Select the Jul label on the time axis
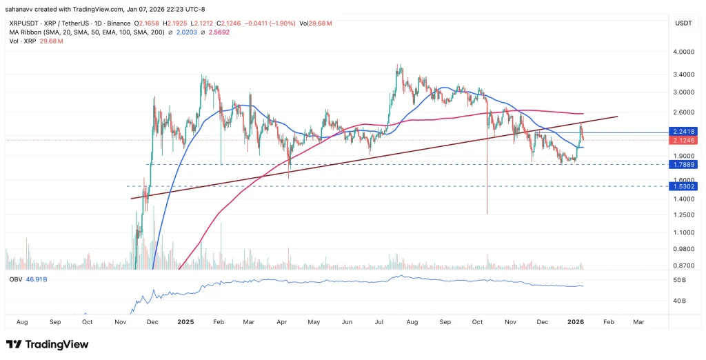380,321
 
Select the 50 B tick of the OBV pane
678,280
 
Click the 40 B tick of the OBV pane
678,301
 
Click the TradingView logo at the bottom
47,344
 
